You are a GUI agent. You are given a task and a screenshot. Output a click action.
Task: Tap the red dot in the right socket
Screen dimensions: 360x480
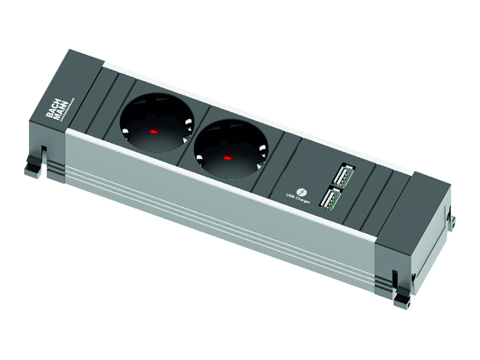[227, 158]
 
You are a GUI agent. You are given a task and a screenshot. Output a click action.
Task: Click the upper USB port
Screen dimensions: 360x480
[344, 175]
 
